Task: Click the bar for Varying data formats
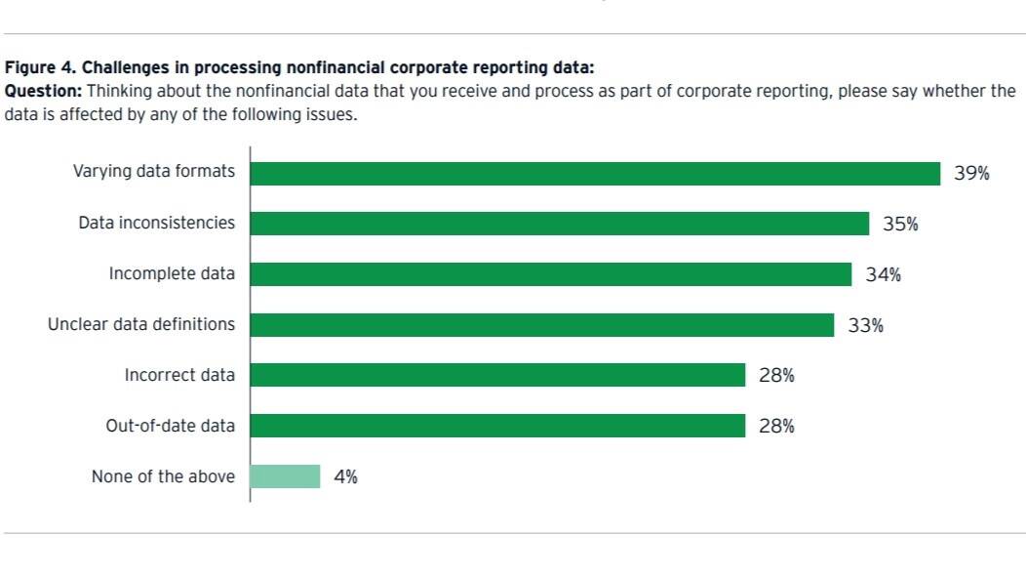[595, 173]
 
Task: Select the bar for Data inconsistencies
[559, 224]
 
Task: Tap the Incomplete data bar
[550, 274]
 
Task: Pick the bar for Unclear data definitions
[541, 325]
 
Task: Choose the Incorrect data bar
[497, 375]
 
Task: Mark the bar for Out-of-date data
[497, 426]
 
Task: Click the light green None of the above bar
[285, 476]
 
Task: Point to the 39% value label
[971, 174]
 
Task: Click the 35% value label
[900, 225]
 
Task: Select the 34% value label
[883, 275]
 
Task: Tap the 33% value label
[865, 326]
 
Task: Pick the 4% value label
[345, 477]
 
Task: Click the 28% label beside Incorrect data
[776, 376]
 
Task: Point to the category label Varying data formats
[154, 172]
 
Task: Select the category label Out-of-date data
[171, 427]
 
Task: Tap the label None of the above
[163, 477]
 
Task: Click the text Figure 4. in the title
[40, 68]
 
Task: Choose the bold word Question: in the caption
[44, 91]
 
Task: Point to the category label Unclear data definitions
[141, 324]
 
